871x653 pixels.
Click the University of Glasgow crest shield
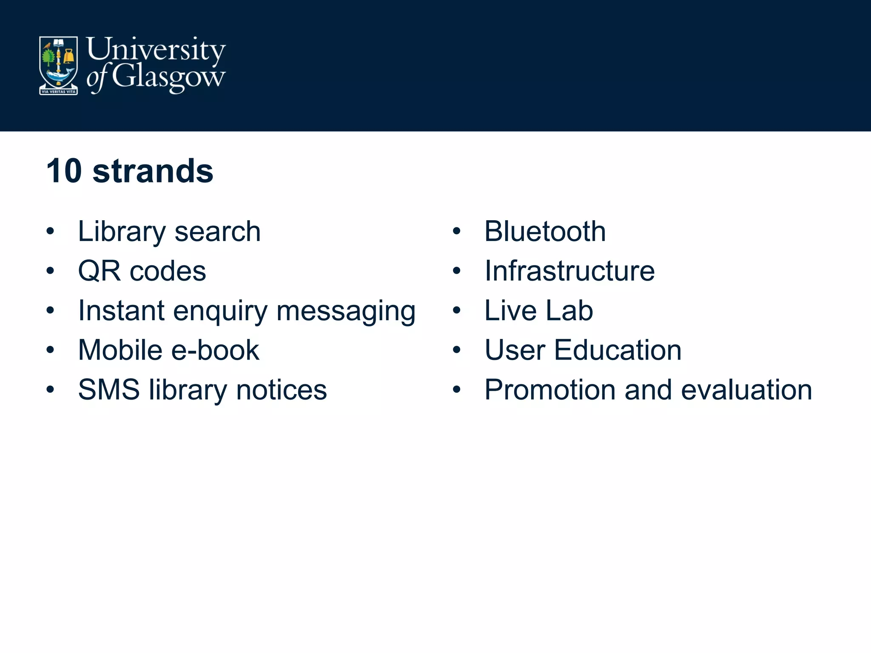point(58,65)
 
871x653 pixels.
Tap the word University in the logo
point(156,50)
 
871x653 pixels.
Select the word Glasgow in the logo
point(168,77)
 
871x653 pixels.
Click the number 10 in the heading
point(64,171)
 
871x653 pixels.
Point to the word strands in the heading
point(153,171)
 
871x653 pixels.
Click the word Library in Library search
point(122,232)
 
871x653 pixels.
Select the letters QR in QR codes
point(99,271)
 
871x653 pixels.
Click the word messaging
point(346,311)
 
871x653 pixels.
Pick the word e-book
point(215,350)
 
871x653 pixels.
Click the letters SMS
point(109,389)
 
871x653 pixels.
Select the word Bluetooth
point(545,232)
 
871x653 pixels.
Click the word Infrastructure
point(569,271)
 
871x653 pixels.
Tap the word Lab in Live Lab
point(569,310)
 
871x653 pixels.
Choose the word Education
point(618,350)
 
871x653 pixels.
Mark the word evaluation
point(746,389)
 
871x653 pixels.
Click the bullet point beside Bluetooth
point(457,232)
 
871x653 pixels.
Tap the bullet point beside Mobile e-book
point(50,350)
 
